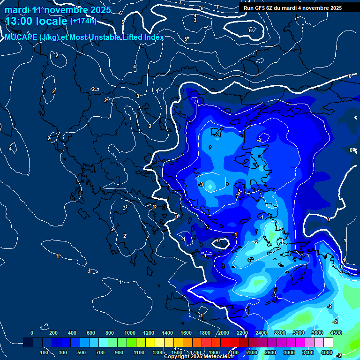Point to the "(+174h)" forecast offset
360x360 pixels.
click(83, 21)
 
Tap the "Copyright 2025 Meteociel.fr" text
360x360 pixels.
click(198, 357)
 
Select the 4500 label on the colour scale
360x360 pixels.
click(336, 333)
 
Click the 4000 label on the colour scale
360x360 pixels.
click(327, 352)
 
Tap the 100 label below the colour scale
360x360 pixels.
click(44, 352)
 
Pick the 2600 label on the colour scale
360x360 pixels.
click(270, 352)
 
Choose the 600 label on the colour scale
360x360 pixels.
click(91, 333)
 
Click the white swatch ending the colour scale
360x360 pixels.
click(329, 343)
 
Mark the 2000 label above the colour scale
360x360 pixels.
click(224, 333)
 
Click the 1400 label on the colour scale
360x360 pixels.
click(167, 333)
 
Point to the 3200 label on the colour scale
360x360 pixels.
click(299, 333)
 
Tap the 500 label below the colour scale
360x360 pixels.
click(82, 352)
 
